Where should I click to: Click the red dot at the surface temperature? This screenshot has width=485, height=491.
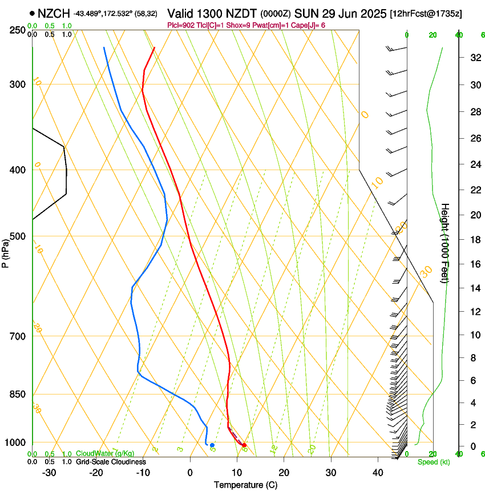coord(244,445)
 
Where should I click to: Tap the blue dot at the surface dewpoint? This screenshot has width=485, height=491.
coord(212,445)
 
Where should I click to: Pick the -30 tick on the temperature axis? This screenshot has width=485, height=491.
coord(49,472)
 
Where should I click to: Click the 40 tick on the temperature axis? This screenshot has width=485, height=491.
coord(377,472)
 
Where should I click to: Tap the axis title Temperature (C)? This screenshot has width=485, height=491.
coord(245,485)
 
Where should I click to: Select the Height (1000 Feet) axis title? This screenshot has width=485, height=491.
coord(445,243)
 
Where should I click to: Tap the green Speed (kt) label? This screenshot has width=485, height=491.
coord(433,462)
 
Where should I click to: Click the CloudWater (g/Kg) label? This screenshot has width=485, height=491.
coord(105,453)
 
